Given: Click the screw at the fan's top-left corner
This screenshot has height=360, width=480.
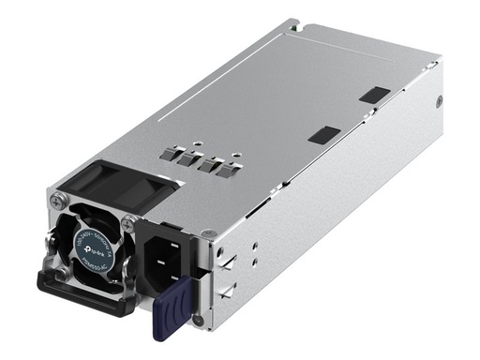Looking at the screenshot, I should click(58, 200).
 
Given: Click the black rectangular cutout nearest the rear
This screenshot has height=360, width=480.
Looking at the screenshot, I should click(374, 95).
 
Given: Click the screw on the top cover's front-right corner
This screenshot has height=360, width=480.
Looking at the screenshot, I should click(208, 232).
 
